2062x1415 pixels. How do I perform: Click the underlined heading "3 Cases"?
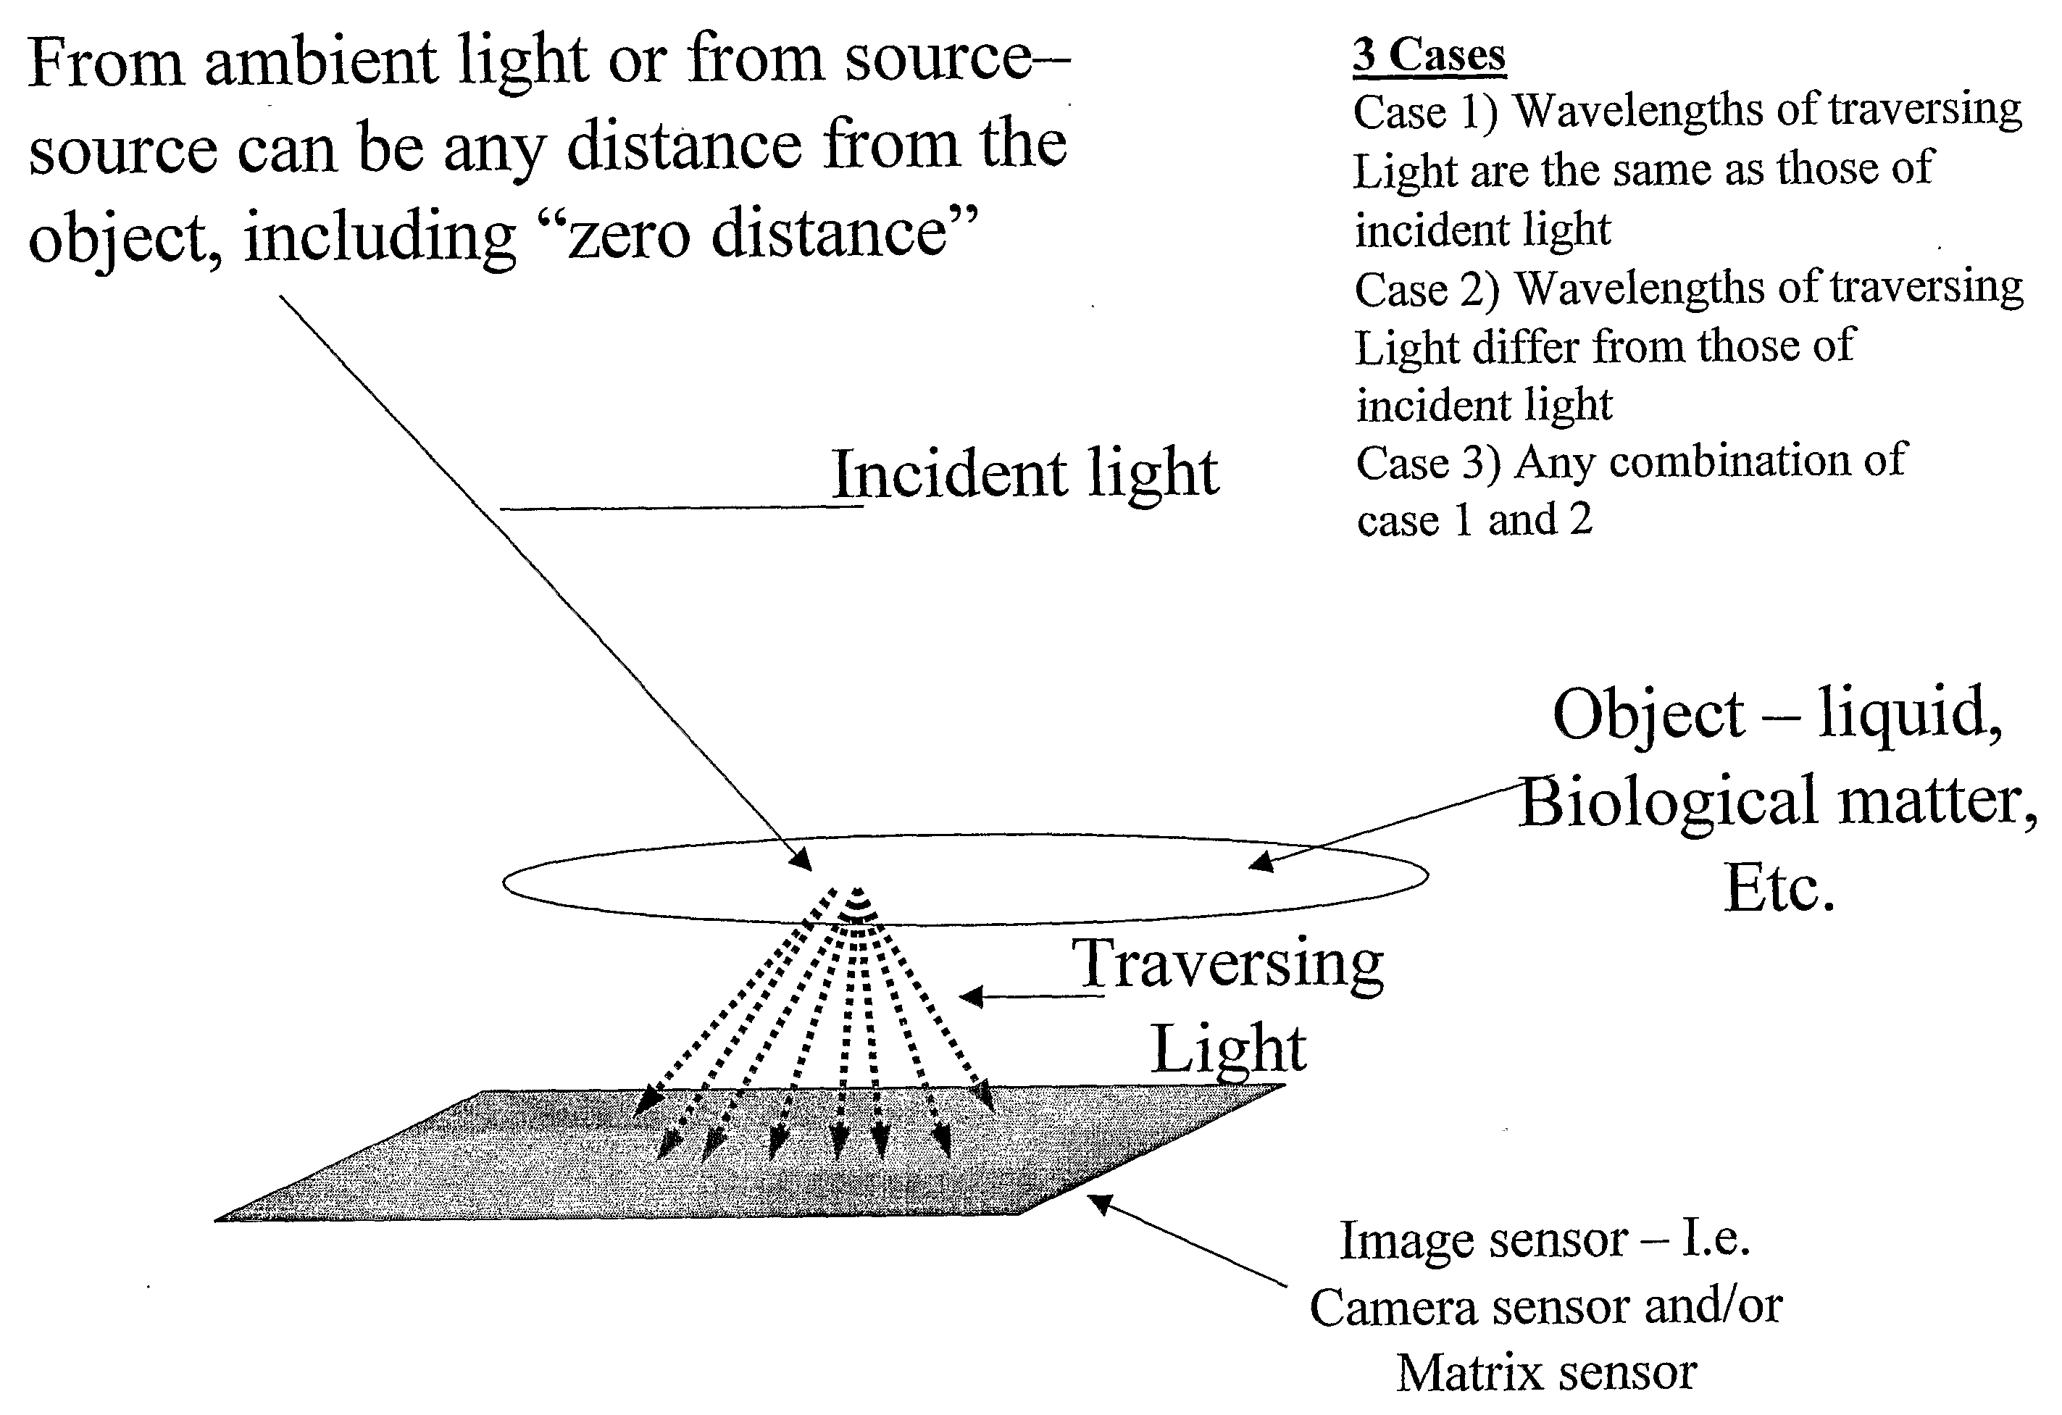1429,56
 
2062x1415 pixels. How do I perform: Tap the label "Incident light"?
1024,474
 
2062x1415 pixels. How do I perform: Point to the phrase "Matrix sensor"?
1546,1372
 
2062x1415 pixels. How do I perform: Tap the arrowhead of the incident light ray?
801,859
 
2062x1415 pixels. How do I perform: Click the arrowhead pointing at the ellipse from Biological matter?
1261,861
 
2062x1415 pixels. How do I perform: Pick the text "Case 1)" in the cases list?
1425,113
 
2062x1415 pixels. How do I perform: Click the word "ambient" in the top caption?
321,62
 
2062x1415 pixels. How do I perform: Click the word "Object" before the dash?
1648,716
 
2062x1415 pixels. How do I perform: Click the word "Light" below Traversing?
1228,1048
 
